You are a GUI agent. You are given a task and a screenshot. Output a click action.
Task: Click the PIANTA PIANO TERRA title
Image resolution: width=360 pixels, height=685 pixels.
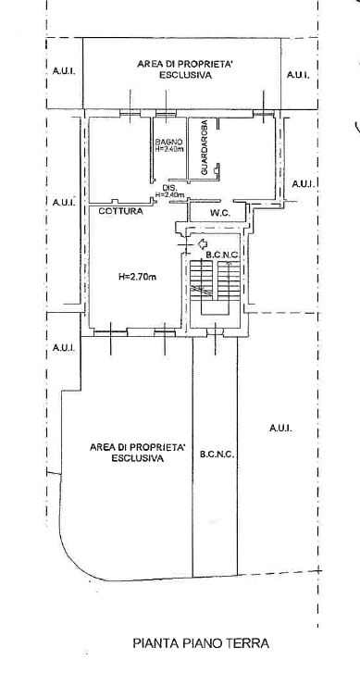(201, 643)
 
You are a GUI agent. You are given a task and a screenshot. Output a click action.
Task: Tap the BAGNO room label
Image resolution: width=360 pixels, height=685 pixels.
(168, 142)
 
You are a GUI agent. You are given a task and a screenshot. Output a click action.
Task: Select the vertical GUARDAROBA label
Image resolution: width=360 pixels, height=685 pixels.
(204, 148)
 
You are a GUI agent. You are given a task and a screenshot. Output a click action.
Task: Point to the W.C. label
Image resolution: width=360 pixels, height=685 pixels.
(220, 214)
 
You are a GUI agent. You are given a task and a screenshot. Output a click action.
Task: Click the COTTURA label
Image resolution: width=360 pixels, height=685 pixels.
(120, 211)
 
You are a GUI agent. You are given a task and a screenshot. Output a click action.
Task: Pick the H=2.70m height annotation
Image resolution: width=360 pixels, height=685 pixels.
(137, 276)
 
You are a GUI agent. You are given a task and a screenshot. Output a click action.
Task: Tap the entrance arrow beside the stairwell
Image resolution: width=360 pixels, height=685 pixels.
(203, 243)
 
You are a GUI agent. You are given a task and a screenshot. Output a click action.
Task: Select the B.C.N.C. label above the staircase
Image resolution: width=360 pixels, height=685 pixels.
(222, 255)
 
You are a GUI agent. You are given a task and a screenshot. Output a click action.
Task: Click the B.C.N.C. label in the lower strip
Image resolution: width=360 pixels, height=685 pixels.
(217, 455)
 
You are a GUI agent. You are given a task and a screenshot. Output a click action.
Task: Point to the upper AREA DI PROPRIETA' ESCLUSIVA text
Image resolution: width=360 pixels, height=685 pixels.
(185, 69)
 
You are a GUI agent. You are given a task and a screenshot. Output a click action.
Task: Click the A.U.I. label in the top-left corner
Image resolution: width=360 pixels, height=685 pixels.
(64, 70)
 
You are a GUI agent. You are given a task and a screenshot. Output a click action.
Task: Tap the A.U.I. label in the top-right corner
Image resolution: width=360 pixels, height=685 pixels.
(298, 75)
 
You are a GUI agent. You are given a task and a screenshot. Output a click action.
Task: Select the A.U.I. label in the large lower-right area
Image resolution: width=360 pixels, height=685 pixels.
(280, 428)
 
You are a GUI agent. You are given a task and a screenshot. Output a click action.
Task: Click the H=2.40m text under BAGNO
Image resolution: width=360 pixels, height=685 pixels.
(169, 148)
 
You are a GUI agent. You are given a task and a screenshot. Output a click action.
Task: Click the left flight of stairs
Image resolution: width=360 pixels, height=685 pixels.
(202, 280)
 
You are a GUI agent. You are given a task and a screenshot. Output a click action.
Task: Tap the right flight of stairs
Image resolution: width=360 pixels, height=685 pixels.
(229, 280)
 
